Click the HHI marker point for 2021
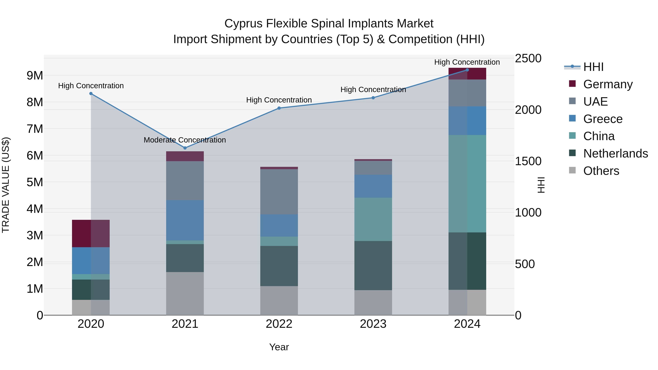click(185, 148)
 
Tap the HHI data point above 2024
click(467, 70)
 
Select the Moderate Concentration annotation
click(185, 140)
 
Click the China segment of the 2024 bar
click(467, 184)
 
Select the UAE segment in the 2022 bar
click(279, 192)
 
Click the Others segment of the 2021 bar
click(185, 293)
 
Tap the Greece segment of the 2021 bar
click(185, 220)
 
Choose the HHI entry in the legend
click(593, 67)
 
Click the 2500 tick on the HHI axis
click(528, 58)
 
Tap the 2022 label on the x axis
click(279, 324)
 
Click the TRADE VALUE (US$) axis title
click(6, 185)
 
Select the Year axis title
click(279, 347)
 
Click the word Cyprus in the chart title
click(243, 24)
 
